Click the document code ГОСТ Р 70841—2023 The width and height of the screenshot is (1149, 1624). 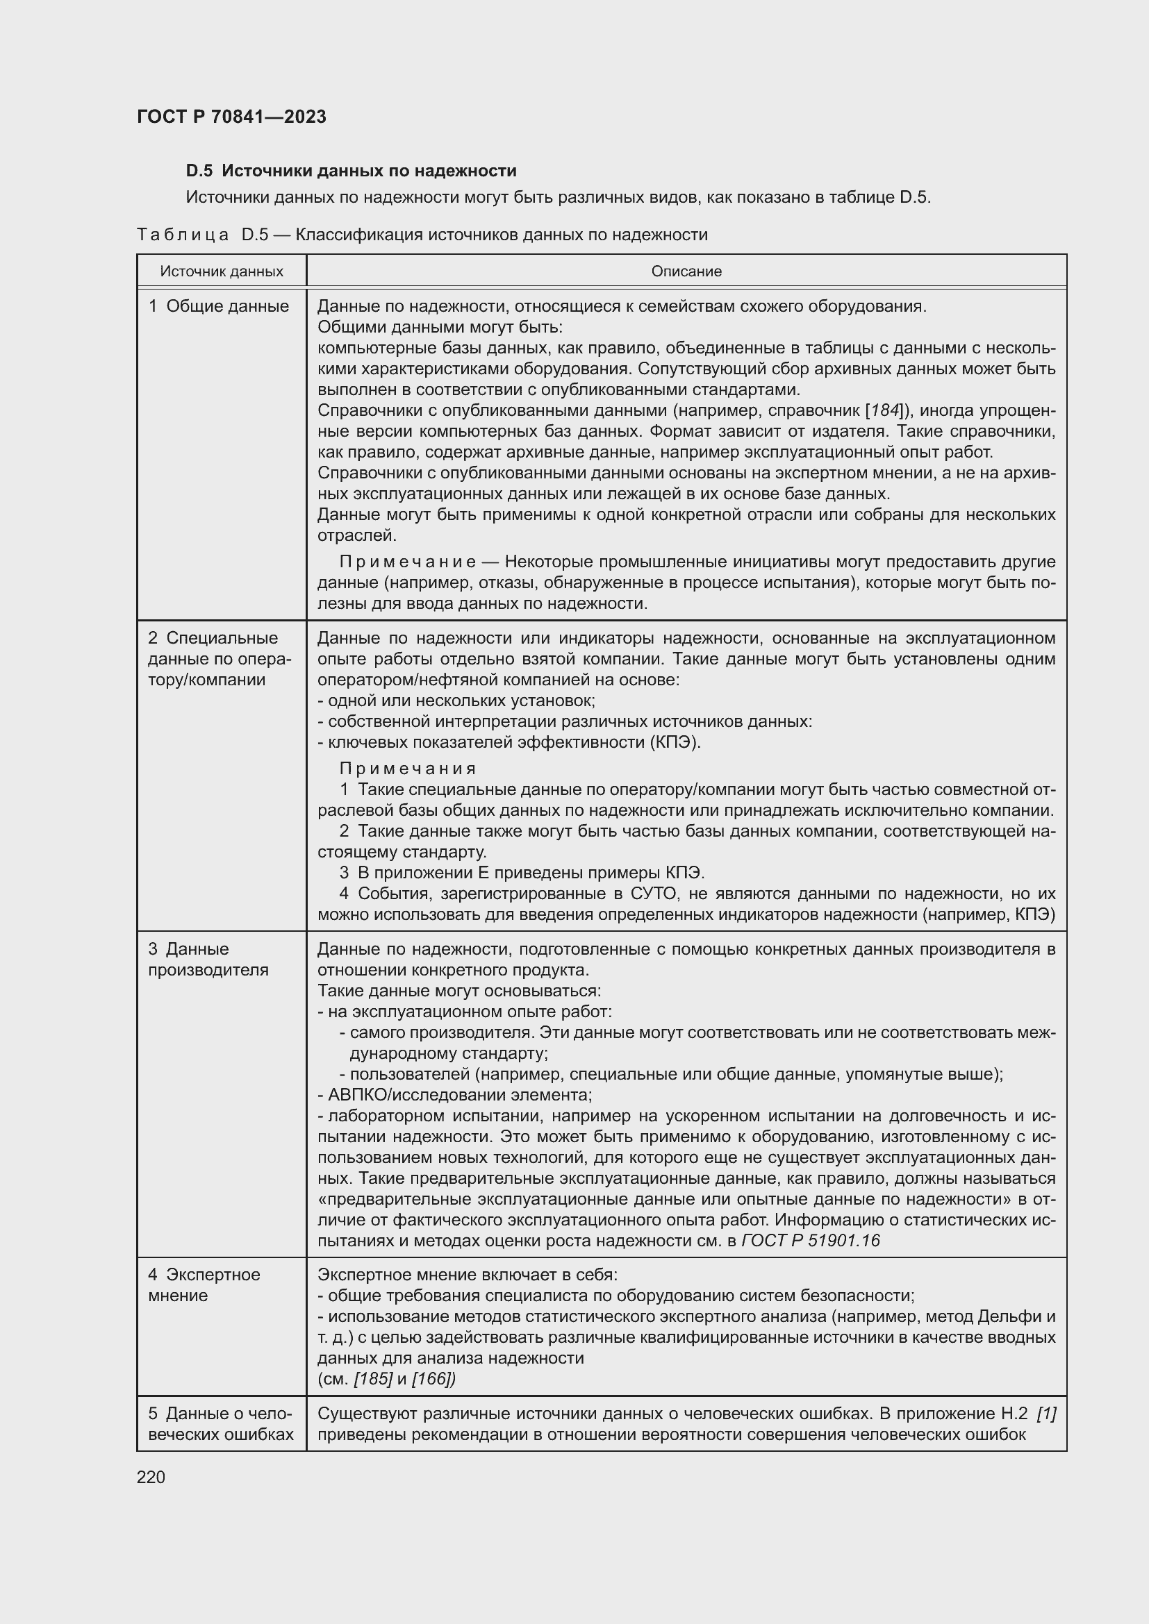[x=231, y=117]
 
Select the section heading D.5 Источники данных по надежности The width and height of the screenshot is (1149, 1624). [x=351, y=171]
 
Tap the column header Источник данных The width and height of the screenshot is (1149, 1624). [x=222, y=271]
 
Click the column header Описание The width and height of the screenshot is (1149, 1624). [x=686, y=271]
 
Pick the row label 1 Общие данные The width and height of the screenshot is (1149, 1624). [x=219, y=306]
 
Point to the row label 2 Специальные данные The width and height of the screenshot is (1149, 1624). [x=220, y=658]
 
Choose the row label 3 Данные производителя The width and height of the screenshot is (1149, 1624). [x=208, y=959]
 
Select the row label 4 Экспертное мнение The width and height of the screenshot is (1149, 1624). [x=204, y=1284]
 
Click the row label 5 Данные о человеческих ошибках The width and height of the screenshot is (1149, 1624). [x=220, y=1424]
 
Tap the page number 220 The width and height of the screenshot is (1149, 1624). [x=151, y=1477]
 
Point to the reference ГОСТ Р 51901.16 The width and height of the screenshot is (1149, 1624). [x=811, y=1240]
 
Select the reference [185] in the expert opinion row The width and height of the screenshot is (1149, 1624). [x=373, y=1379]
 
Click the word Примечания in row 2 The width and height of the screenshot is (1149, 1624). [x=408, y=768]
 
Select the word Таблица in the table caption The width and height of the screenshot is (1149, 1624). [x=183, y=235]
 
